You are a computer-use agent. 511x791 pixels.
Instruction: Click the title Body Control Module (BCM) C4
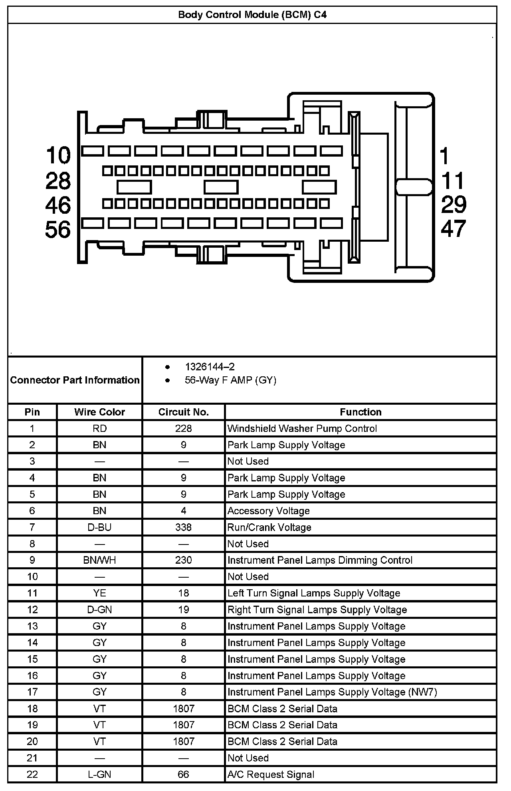point(252,15)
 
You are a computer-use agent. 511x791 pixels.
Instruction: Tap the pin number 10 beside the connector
point(58,155)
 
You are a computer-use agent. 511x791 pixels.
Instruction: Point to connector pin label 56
point(58,230)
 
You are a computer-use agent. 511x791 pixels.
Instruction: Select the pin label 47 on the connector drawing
point(453,229)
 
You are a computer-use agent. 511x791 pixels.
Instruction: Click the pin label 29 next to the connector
point(454,205)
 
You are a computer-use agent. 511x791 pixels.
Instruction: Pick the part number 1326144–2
point(210,367)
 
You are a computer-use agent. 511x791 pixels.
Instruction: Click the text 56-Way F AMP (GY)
point(230,380)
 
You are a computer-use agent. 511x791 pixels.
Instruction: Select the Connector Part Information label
point(75,380)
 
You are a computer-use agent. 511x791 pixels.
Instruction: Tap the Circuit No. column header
point(183,412)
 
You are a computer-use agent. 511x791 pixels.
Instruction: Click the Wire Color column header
point(99,412)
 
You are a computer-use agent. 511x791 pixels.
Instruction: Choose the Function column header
point(360,412)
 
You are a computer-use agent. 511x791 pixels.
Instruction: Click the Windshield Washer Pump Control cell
point(302,429)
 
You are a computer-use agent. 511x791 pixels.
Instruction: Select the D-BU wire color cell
point(99,527)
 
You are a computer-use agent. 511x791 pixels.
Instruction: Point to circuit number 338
point(183,527)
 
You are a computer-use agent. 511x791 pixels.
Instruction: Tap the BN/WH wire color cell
point(99,560)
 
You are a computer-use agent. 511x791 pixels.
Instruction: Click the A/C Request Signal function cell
point(271,774)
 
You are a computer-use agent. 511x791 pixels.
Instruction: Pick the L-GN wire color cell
point(99,774)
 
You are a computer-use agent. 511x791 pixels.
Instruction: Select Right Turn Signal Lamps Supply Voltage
point(317,610)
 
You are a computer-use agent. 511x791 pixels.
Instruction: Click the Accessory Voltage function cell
point(268,511)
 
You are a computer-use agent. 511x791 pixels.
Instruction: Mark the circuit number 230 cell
point(183,560)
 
